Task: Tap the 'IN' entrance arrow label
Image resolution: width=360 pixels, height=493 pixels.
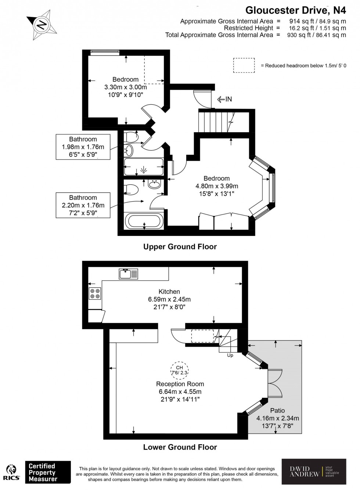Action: tap(225, 99)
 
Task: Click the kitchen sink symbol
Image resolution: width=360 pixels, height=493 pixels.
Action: tap(129, 274)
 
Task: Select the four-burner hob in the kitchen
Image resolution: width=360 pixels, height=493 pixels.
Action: tap(95, 294)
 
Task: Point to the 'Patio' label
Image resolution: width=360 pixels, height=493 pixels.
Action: tap(277, 411)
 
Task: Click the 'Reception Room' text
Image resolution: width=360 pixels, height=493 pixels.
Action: tap(180, 384)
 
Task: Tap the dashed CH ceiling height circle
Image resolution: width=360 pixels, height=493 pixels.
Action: tap(180, 370)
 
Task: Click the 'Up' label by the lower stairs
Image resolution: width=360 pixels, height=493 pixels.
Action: tap(230, 355)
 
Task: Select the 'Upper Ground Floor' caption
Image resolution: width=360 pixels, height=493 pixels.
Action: tap(180, 247)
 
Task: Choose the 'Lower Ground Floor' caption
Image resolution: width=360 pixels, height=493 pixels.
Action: tap(180, 447)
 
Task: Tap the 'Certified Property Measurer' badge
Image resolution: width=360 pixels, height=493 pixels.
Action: tap(47, 472)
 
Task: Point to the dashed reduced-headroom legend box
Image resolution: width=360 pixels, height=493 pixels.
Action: tap(244, 65)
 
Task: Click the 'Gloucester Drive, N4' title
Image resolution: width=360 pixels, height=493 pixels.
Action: tap(296, 10)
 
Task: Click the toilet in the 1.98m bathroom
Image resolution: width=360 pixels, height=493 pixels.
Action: tap(131, 137)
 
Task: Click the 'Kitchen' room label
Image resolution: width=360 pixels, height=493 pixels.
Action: tap(169, 292)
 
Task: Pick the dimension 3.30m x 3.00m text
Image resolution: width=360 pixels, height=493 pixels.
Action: tap(126, 87)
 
